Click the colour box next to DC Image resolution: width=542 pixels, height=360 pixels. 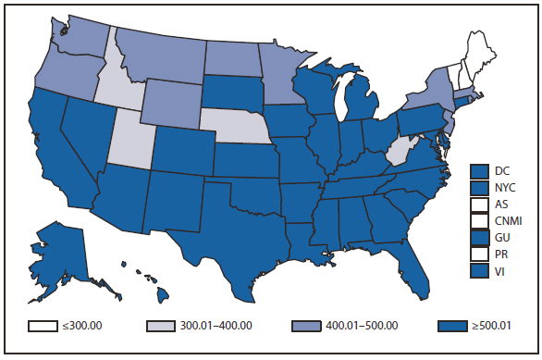tap(478, 170)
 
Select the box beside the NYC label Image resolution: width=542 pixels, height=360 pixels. tap(478, 188)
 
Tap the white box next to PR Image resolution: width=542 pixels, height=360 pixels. tap(478, 254)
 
